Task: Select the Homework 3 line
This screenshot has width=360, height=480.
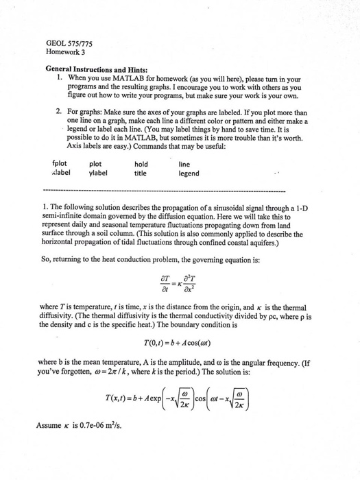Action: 66,51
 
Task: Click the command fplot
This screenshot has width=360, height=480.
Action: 60,164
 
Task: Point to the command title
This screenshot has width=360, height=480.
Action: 141,173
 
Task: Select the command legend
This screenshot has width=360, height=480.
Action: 189,173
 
